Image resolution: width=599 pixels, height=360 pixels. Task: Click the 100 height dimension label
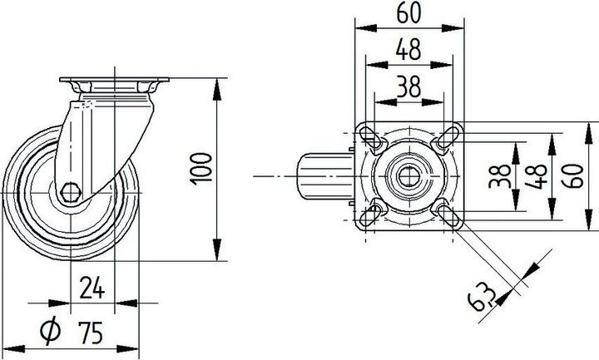201,169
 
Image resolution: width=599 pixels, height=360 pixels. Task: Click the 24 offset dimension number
92,287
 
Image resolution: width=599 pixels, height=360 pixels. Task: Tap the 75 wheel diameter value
91,332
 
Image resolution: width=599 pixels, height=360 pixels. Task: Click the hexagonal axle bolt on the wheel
71,192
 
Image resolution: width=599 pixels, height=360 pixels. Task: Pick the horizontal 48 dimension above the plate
408,49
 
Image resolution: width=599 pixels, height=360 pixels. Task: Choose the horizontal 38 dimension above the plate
408,86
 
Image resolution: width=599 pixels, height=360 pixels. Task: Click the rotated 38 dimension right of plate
500,176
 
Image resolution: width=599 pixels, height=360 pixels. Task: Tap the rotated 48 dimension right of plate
536,176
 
